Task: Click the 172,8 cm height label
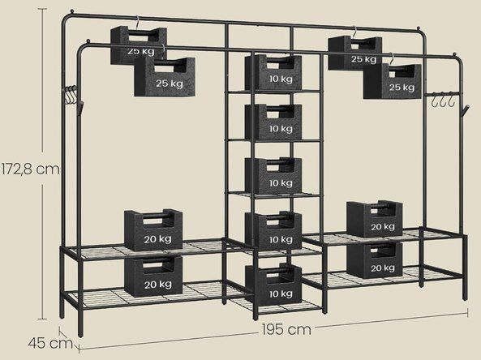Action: [x=30, y=169]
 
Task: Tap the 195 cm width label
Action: [x=286, y=330]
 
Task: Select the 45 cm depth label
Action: [x=50, y=343]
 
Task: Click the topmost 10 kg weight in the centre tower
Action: [x=273, y=72]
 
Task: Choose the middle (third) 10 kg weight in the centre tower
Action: [x=273, y=175]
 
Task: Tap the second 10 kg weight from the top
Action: [x=273, y=122]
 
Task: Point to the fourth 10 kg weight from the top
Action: [x=273, y=230]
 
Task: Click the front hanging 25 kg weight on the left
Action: [x=165, y=77]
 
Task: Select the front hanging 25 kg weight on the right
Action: [x=392, y=81]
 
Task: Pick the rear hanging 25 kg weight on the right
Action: [x=354, y=52]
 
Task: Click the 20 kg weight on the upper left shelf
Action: [x=153, y=230]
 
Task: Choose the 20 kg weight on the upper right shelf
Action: [x=374, y=219]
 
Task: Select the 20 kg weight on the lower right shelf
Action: [x=374, y=260]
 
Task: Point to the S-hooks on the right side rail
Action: [x=442, y=99]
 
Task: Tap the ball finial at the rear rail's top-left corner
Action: [x=71, y=11]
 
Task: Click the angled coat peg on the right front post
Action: [x=464, y=110]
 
